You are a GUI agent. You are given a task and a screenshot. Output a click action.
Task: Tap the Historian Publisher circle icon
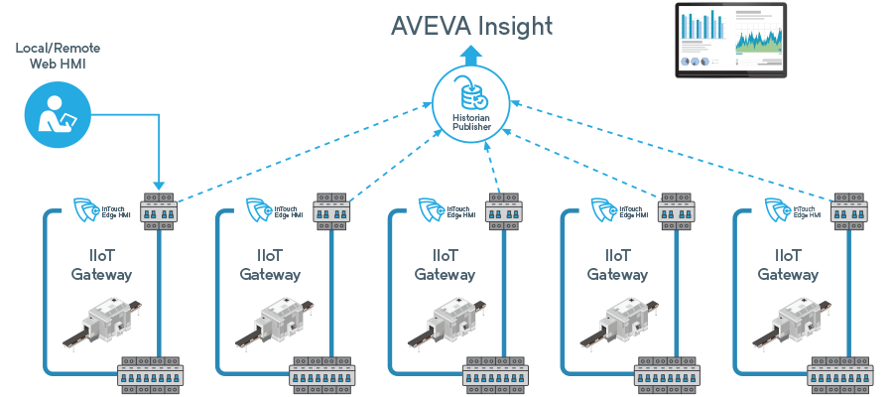[471, 107]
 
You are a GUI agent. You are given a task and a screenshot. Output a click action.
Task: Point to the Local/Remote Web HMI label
[58, 56]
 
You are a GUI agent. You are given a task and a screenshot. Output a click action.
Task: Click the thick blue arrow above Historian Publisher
[471, 56]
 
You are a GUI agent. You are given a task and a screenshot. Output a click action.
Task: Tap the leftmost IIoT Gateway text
[101, 265]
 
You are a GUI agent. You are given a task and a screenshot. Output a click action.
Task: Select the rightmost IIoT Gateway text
[789, 265]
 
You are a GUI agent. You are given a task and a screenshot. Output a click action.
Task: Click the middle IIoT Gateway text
[445, 265]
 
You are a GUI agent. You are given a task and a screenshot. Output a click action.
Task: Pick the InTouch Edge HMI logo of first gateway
[100, 209]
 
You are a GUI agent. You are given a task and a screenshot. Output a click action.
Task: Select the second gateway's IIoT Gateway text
[273, 265]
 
